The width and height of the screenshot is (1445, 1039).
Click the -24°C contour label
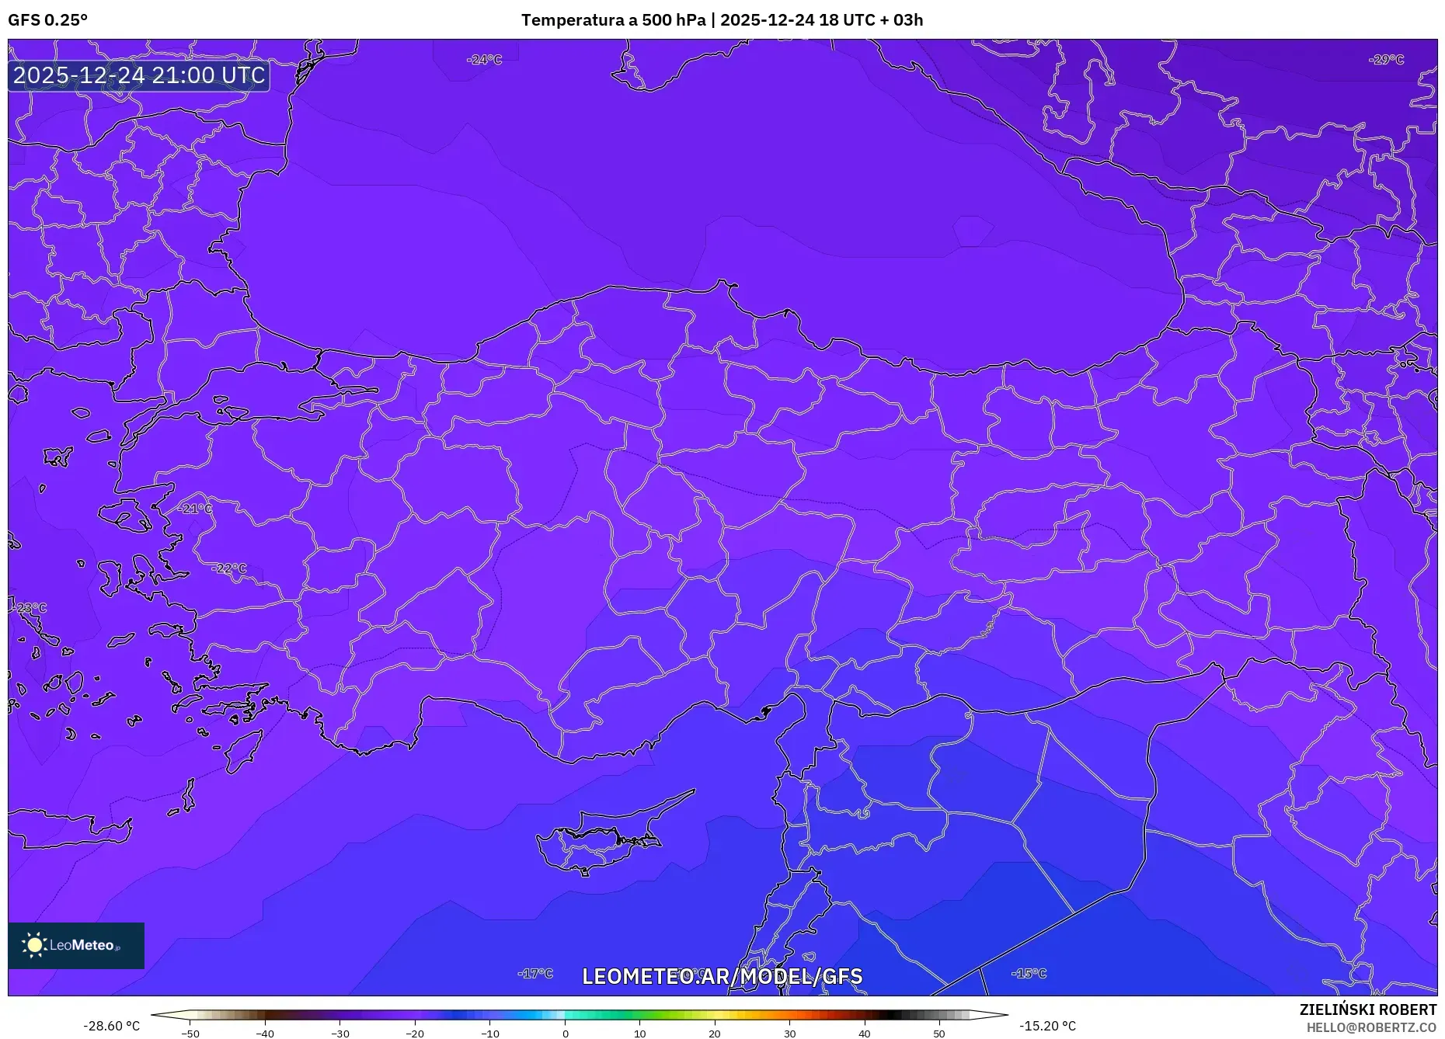click(484, 60)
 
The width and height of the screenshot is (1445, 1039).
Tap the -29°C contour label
click(1386, 60)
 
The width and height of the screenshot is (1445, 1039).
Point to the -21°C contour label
click(194, 509)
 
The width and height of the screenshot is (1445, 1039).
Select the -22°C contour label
click(228, 568)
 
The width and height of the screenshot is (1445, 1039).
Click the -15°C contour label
click(1029, 973)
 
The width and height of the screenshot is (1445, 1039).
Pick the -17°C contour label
click(535, 973)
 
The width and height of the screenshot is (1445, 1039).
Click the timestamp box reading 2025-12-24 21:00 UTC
click(139, 75)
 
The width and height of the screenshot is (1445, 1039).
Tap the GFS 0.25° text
click(47, 20)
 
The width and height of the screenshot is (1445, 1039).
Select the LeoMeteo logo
click(76, 945)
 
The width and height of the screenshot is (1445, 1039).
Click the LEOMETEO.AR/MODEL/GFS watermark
click(722, 976)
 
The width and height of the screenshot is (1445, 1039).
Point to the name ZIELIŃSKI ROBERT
click(1367, 1009)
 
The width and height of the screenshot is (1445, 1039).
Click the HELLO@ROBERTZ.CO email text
click(1370, 1027)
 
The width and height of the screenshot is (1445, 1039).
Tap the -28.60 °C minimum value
click(112, 1026)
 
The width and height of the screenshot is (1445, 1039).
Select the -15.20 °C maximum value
click(1047, 1026)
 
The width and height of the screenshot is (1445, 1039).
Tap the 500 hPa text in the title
click(674, 20)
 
